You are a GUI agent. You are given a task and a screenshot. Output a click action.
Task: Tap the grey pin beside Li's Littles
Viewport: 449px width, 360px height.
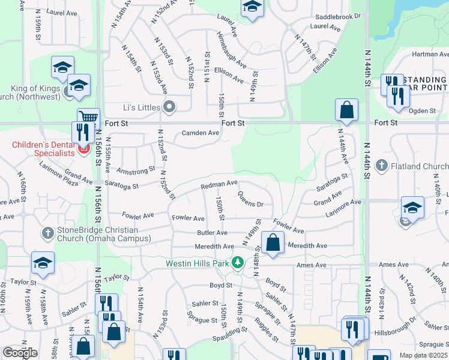pos(169,107)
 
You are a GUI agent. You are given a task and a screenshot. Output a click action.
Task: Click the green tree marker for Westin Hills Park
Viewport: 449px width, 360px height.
pos(238,263)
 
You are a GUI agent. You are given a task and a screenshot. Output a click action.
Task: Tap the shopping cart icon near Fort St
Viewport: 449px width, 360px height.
pos(88,118)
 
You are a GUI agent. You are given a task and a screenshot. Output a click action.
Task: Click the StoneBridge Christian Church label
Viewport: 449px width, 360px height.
pos(98,234)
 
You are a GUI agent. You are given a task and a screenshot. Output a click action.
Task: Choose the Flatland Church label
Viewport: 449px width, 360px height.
pos(420,166)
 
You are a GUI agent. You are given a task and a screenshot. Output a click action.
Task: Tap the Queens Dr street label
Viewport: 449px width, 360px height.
pos(250,200)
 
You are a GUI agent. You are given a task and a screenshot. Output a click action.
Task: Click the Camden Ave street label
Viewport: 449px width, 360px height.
pos(200,133)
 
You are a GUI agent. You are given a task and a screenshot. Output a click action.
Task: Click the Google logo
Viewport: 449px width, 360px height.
pos(20,353)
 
